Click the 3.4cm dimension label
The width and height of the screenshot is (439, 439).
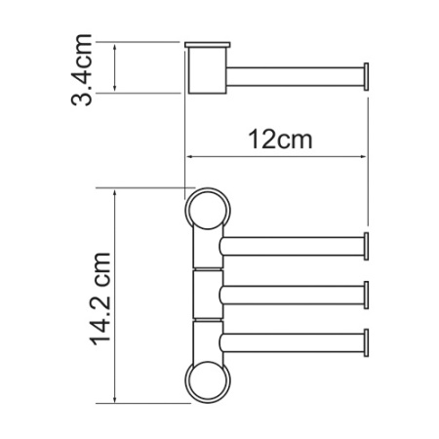pos(85,69)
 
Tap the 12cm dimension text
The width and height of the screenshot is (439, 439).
pos(280,140)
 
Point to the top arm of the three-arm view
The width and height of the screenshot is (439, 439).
pos(293,244)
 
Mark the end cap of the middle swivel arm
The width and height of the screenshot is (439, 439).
pos(367,293)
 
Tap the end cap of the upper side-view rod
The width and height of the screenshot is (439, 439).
pos(367,75)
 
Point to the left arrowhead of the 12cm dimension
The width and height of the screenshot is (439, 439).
pos(191,156)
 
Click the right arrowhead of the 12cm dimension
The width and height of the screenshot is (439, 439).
pos(366,156)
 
